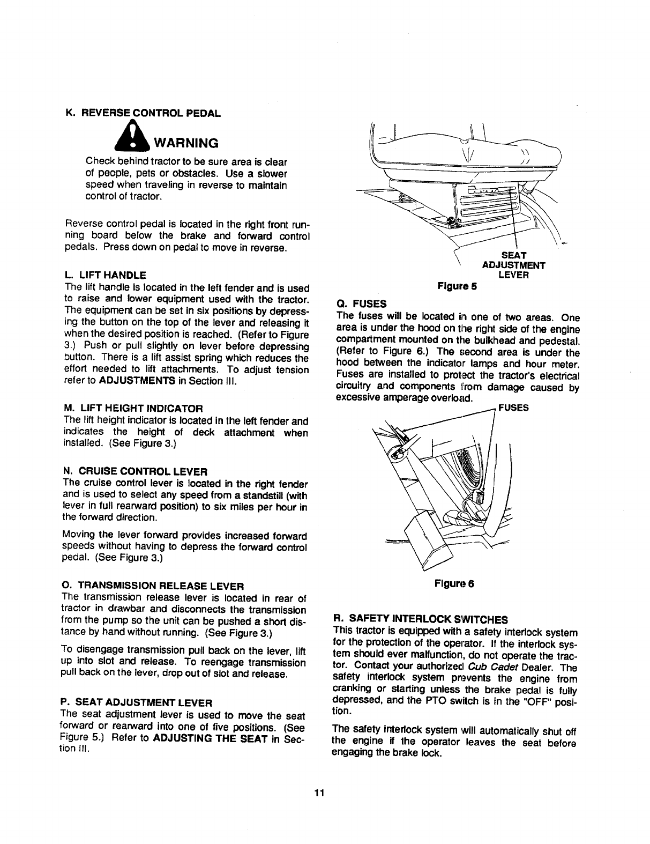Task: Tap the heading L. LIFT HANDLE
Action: tap(104, 275)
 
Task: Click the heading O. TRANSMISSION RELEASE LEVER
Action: tap(153, 584)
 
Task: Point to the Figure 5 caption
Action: tap(458, 286)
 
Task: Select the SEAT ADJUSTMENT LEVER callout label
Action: tap(513, 265)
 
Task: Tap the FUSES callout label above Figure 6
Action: tap(513, 408)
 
